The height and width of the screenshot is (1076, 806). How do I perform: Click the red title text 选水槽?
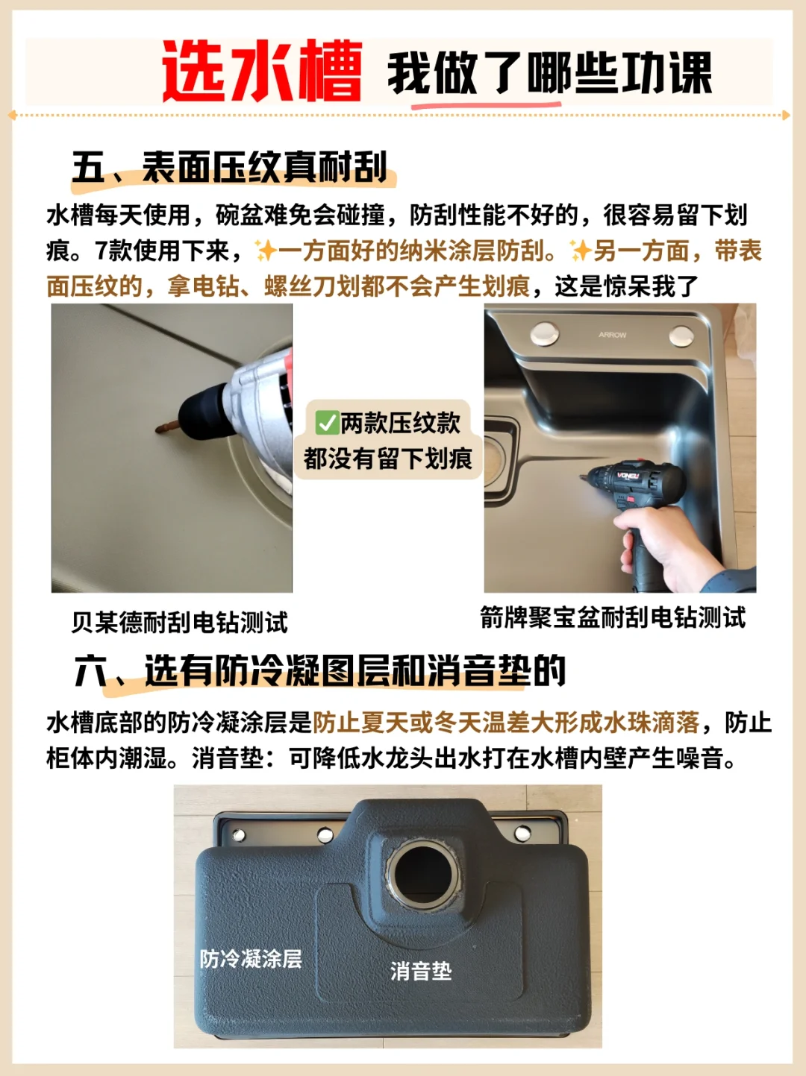[262, 72]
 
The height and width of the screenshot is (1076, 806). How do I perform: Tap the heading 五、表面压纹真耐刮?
[230, 168]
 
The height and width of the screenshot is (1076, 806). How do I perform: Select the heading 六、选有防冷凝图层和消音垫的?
[320, 670]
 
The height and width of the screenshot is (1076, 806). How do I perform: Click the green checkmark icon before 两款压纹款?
[327, 423]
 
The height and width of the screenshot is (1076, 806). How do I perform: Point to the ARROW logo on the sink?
[612, 335]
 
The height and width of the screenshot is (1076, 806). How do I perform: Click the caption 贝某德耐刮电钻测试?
[180, 623]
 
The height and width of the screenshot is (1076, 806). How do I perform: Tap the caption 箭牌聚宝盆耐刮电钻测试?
[613, 617]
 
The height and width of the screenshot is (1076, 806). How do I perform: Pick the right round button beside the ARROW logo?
[682, 336]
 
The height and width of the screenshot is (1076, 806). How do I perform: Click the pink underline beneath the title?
[486, 105]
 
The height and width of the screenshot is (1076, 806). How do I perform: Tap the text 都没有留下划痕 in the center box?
[387, 459]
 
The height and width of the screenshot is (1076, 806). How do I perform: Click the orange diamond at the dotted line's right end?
[786, 115]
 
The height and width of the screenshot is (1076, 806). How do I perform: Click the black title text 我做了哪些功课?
[550, 74]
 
